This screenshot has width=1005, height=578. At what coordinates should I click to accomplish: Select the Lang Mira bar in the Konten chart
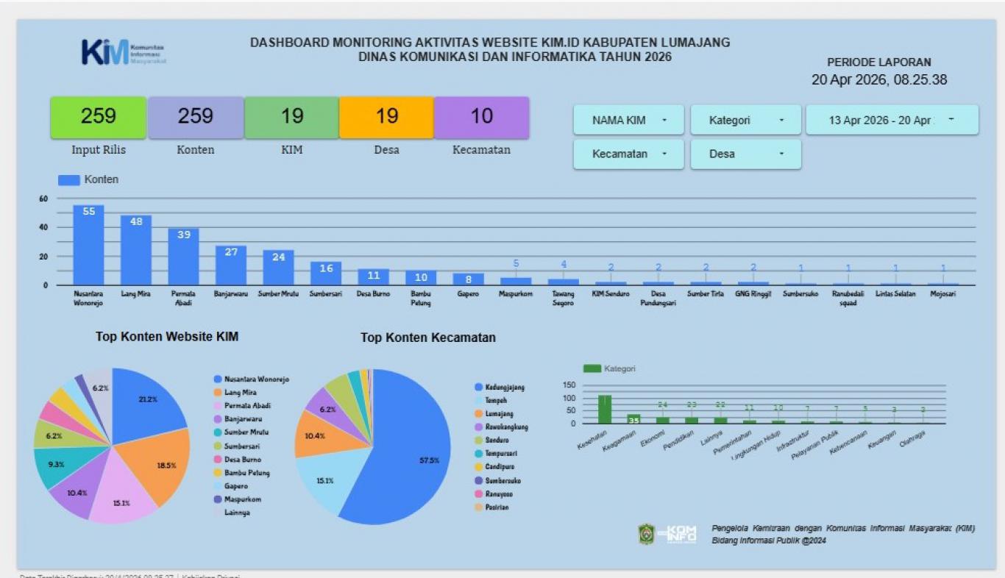pos(136,250)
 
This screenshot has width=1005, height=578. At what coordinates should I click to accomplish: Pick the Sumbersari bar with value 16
pos(325,274)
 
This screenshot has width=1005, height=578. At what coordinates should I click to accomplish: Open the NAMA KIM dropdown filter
pos(628,120)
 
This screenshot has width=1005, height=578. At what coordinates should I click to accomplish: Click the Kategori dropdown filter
pos(745,120)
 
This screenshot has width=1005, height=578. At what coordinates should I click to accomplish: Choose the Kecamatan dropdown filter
pos(628,154)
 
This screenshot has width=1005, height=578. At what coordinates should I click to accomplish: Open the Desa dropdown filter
pos(745,154)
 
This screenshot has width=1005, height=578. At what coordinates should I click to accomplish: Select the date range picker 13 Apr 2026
pos(892,120)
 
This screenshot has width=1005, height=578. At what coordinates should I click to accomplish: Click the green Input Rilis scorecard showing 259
pos(99,118)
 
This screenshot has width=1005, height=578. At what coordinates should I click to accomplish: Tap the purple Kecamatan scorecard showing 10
pos(481,118)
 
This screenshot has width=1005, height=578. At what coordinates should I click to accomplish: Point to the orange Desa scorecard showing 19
pos(386,118)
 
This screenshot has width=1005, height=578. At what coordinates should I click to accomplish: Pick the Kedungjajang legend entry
pos(503,388)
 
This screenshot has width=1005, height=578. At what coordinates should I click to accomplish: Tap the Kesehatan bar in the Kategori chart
pos(604,410)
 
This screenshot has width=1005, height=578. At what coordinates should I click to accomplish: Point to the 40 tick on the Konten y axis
pos(43,227)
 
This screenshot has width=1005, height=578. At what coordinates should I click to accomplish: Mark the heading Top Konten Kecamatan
pos(427,338)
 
